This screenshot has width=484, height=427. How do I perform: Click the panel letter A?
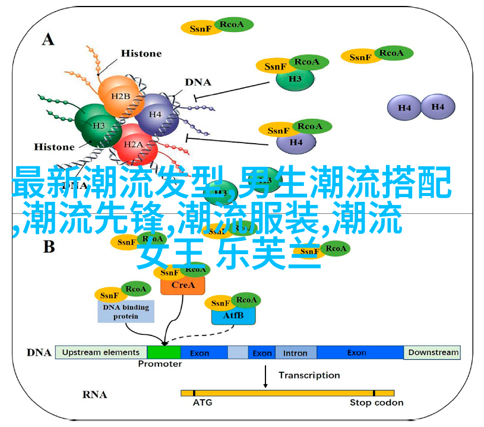pyautogui.click(x=48, y=39)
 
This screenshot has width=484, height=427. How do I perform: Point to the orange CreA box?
pyautogui.click(x=182, y=285)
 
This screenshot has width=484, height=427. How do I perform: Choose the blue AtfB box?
pyautogui.click(x=233, y=316)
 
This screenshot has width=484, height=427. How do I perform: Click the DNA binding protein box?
pyautogui.click(x=126, y=312)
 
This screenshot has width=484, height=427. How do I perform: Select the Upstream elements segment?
pyautogui.click(x=101, y=352)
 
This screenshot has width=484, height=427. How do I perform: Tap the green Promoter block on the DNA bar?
pyautogui.click(x=164, y=352)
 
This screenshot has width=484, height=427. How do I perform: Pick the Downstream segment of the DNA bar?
pyautogui.click(x=433, y=352)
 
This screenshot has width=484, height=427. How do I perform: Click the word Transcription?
pyautogui.click(x=309, y=375)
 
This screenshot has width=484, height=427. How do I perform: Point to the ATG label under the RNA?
pyautogui.click(x=203, y=403)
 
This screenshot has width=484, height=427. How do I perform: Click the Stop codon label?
pyautogui.click(x=376, y=403)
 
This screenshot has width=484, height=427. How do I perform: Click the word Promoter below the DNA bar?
pyautogui.click(x=160, y=364)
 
